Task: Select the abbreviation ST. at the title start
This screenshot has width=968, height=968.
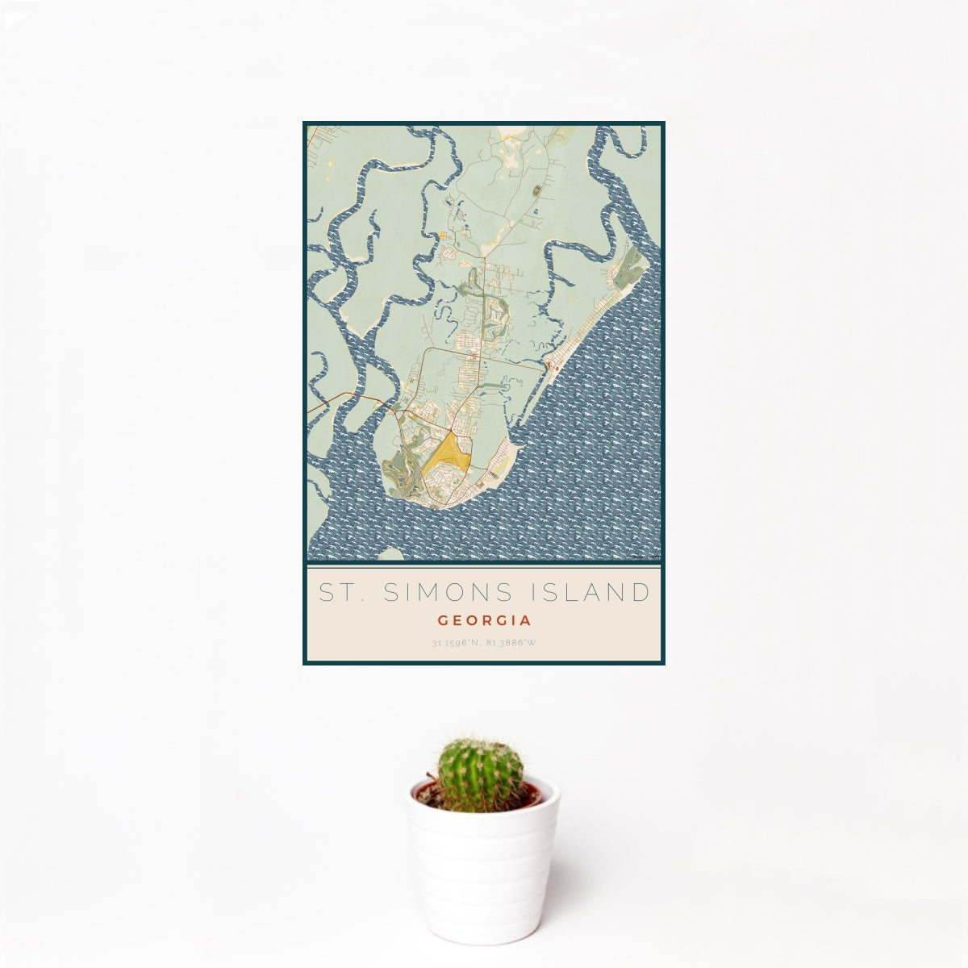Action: pyautogui.click(x=338, y=593)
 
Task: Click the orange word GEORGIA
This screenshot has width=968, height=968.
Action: pyautogui.click(x=484, y=621)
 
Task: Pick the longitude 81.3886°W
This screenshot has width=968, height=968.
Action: pyautogui.click(x=511, y=644)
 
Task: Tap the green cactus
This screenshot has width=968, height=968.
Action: pyautogui.click(x=480, y=774)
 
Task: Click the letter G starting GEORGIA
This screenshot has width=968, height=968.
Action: pyautogui.click(x=442, y=621)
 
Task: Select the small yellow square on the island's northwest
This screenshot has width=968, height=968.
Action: pyautogui.click(x=442, y=236)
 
